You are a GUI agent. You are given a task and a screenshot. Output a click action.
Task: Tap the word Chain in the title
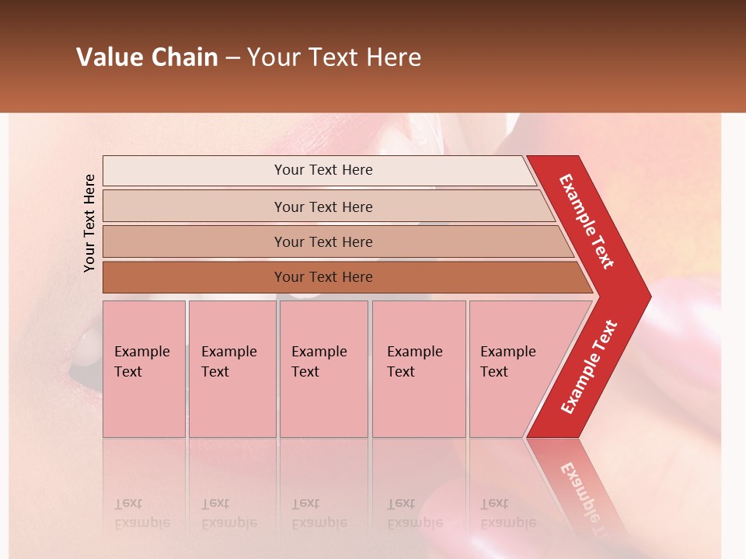point(184,57)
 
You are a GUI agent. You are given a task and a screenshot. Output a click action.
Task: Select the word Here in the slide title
point(393,57)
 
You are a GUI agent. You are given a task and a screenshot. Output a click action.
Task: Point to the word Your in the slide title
point(272,57)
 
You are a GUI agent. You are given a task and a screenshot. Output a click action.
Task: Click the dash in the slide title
point(232,58)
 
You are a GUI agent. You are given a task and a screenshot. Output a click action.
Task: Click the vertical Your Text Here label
point(89,223)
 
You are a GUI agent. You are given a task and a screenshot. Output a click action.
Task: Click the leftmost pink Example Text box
point(144,369)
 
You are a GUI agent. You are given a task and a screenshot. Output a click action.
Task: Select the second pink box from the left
point(232,369)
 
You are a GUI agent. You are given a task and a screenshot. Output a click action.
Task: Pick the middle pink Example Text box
point(323,369)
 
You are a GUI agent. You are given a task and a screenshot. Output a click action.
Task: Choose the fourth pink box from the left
point(418,369)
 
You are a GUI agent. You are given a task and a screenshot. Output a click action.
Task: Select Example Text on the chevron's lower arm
point(589,367)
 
